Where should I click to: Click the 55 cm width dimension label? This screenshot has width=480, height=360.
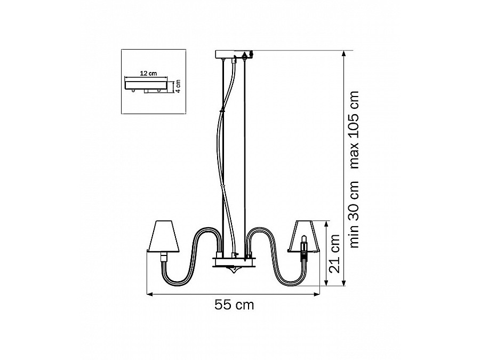tap(234, 305)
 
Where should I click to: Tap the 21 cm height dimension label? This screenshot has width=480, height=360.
tap(334, 254)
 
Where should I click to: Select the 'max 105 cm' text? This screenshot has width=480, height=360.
tap(354, 130)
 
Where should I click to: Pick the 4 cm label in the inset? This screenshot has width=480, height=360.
tap(178, 86)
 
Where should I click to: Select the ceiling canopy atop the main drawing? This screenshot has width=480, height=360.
tap(234, 54)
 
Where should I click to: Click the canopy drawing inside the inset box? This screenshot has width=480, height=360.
tap(146, 85)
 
